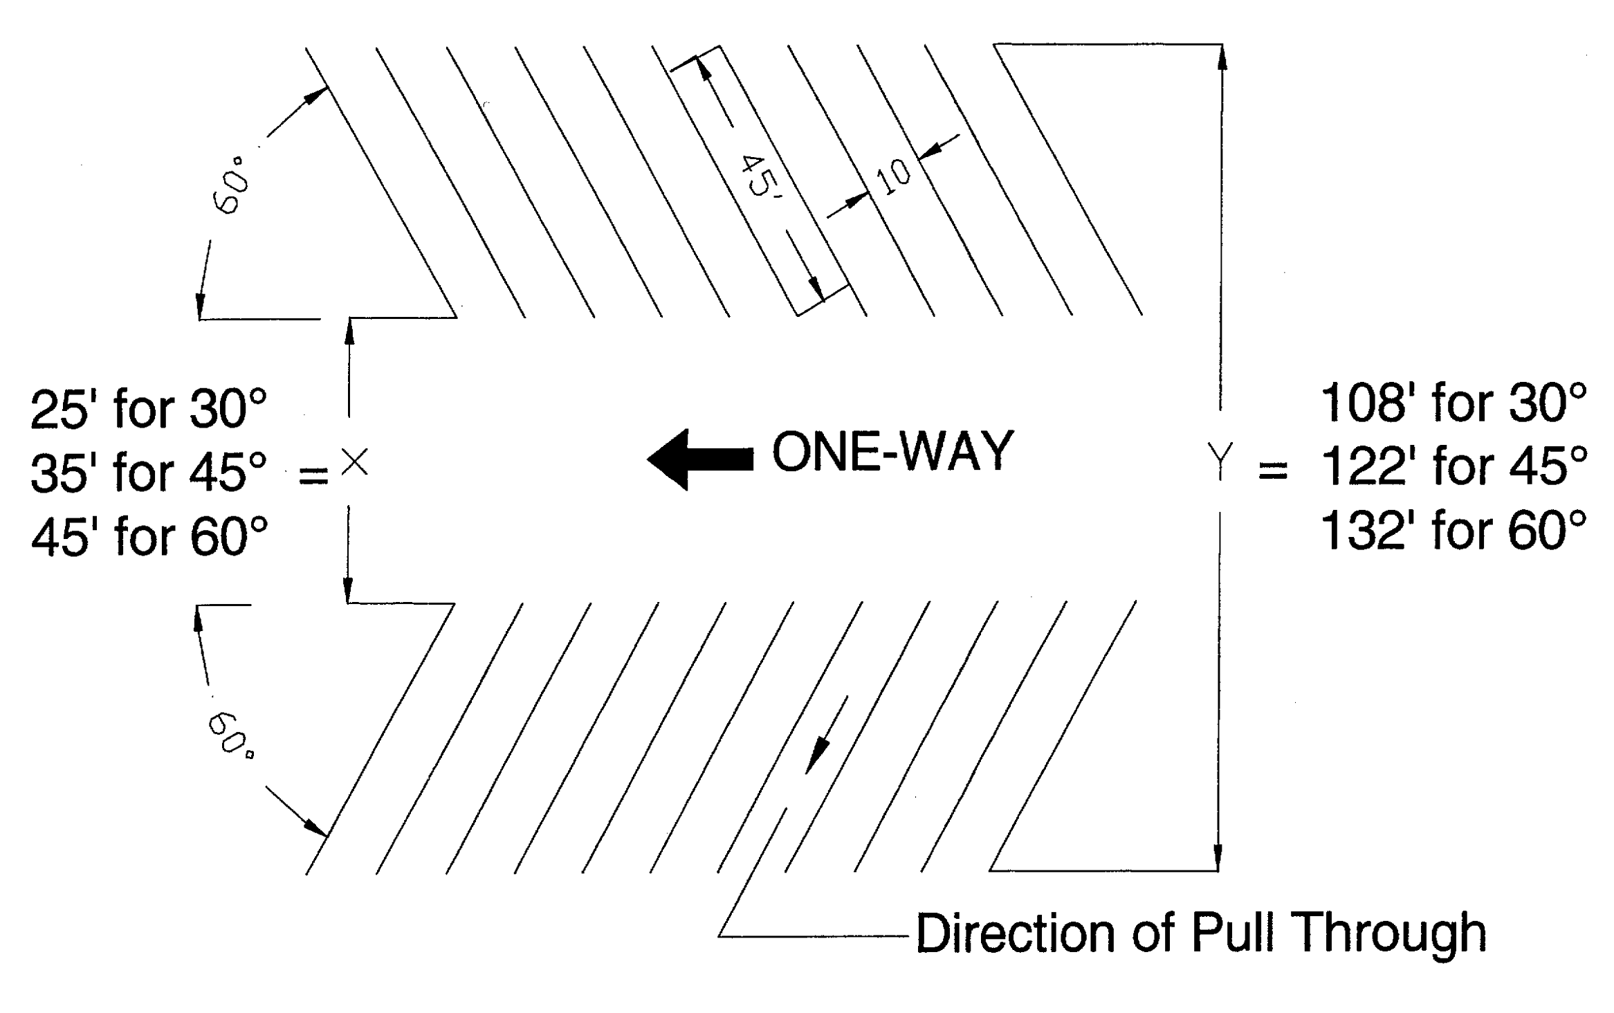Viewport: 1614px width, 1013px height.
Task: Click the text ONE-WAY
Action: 892,452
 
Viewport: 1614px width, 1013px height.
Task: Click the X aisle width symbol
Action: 355,462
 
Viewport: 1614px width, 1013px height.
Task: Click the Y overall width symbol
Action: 1220,462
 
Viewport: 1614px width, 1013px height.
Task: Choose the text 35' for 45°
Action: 149,473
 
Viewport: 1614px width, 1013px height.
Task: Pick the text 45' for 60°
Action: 149,537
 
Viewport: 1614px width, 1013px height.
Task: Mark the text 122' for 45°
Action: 1453,466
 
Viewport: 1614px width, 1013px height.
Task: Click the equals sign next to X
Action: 313,475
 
